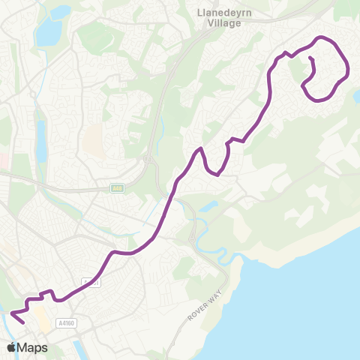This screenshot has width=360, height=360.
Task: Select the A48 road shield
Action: (x=117, y=188)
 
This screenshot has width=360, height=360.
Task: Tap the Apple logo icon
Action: (x=12, y=347)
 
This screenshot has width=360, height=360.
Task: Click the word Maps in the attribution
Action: (x=33, y=347)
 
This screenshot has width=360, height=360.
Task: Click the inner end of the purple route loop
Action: (x=310, y=58)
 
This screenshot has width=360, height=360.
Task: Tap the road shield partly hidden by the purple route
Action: (x=91, y=283)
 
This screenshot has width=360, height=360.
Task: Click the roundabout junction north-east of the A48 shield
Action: (x=148, y=159)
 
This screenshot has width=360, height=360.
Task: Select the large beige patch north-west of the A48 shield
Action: (x=94, y=138)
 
